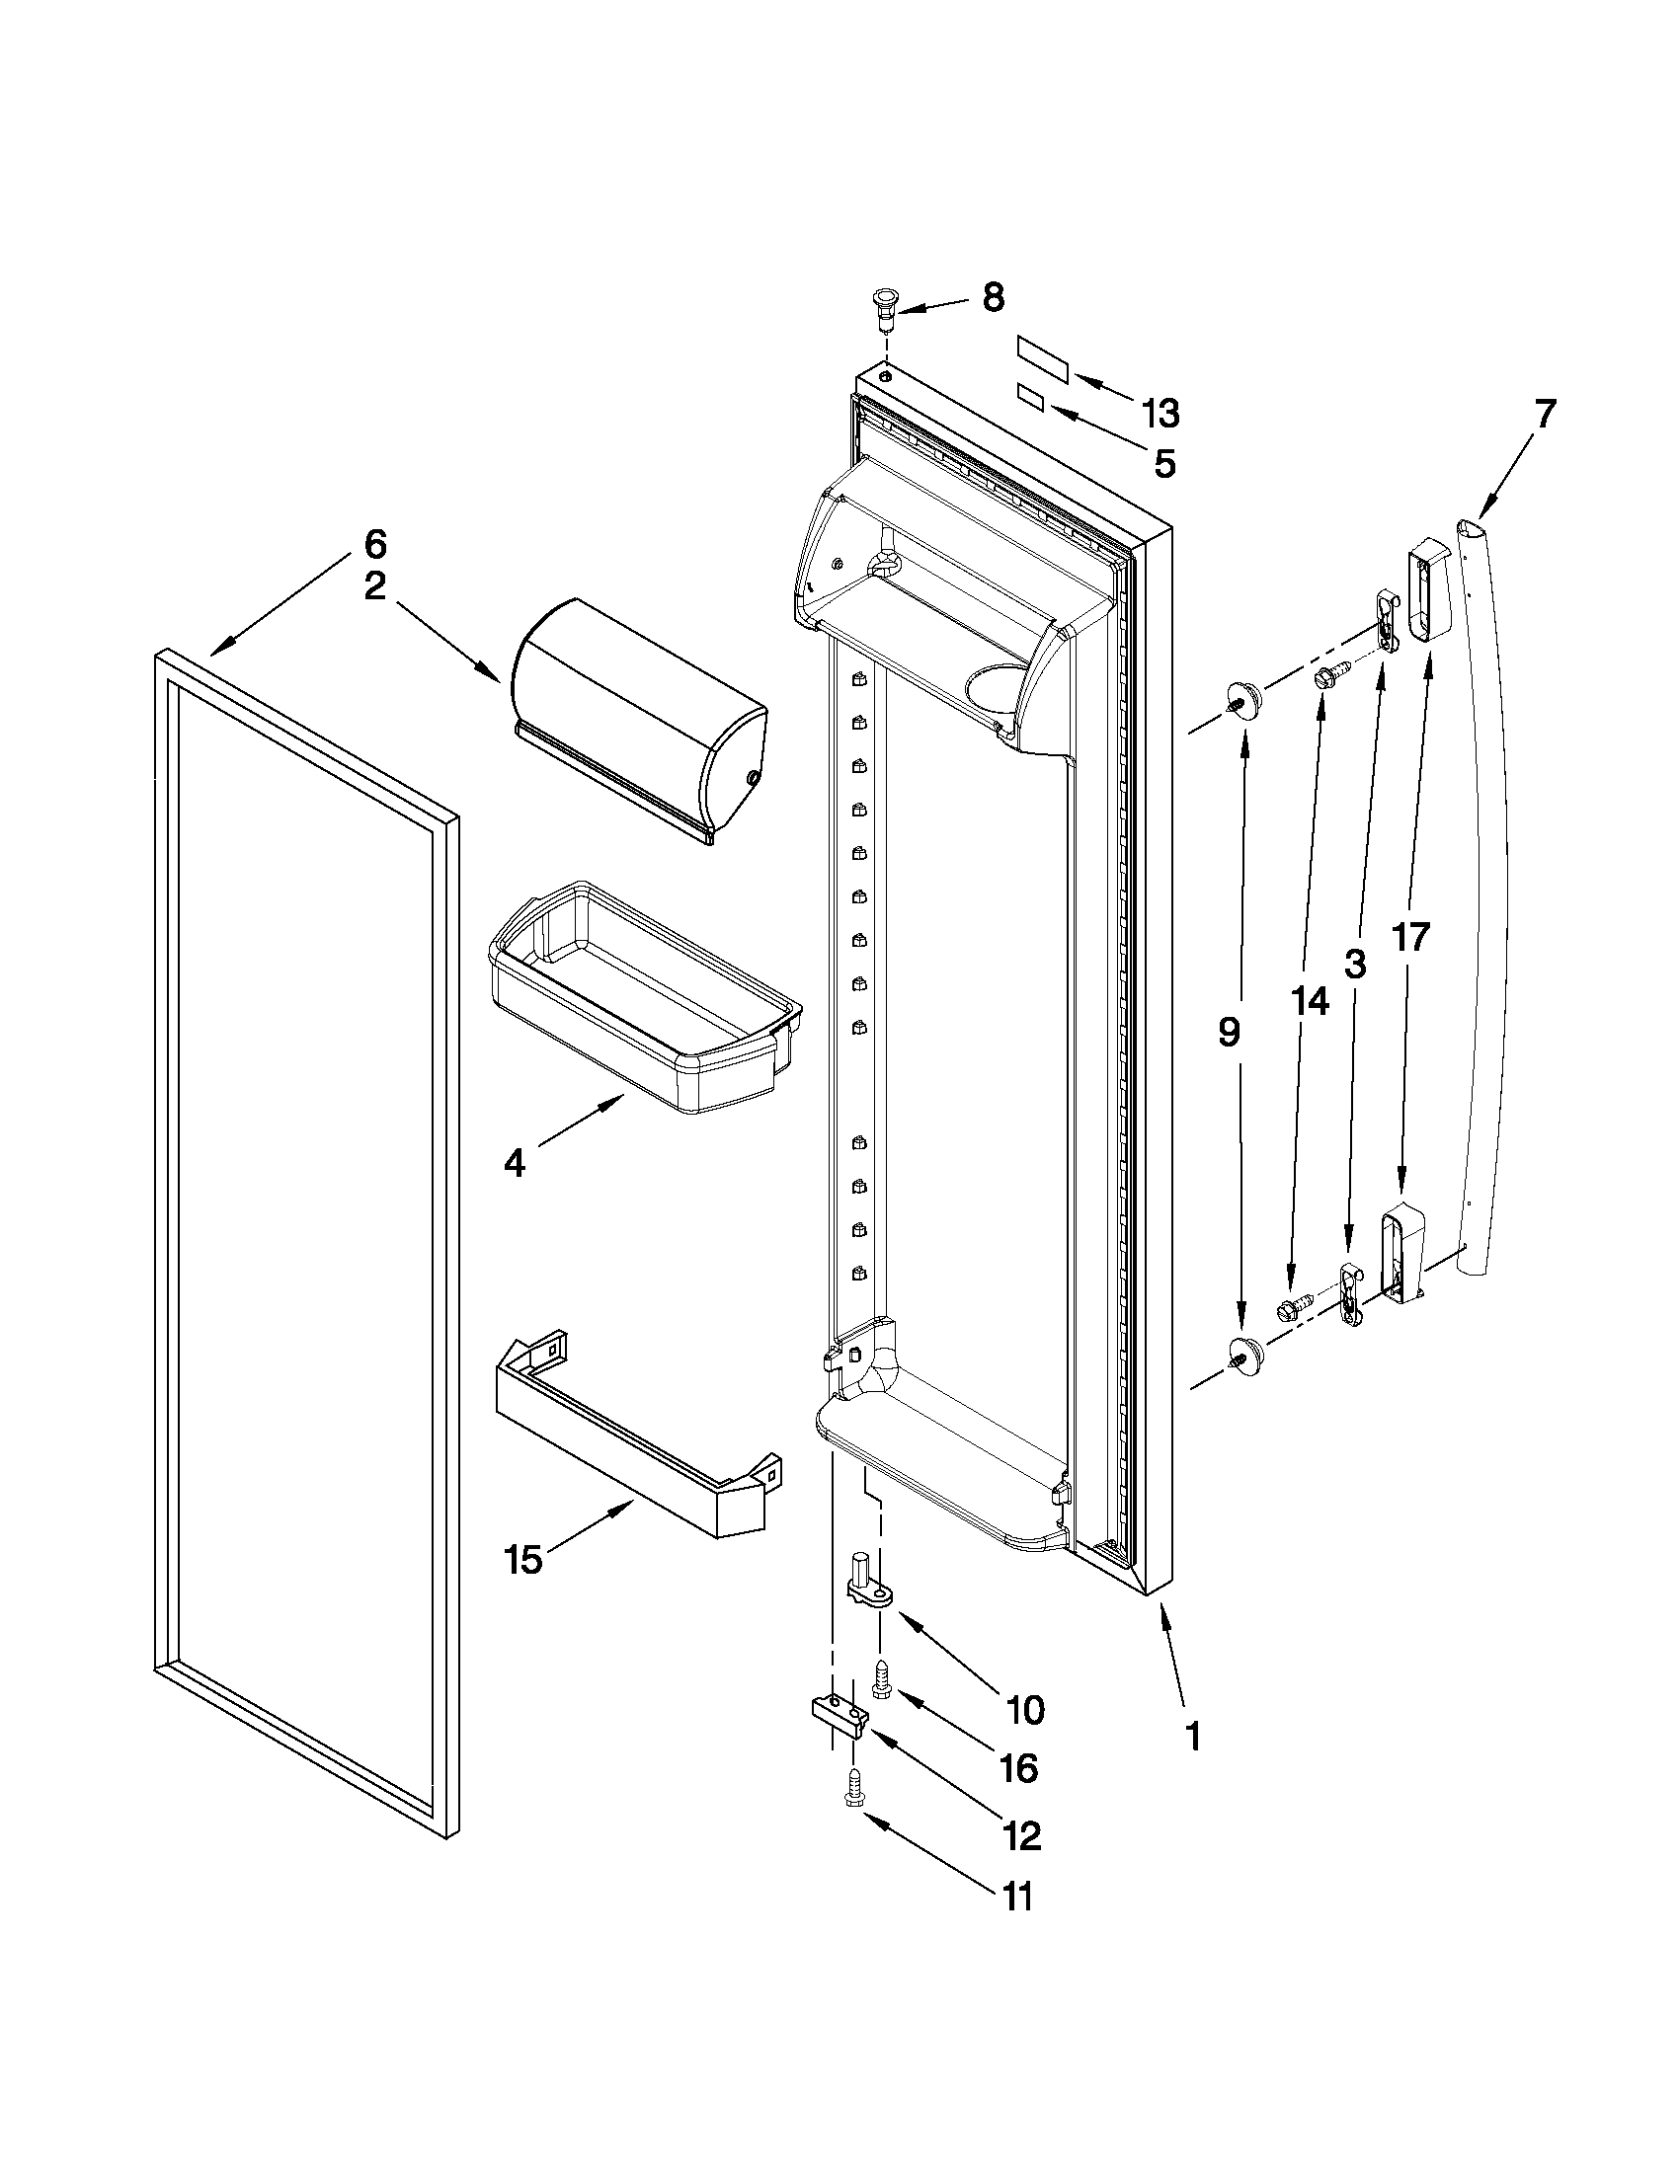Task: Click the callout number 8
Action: tap(993, 297)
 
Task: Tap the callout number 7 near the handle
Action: tap(1543, 413)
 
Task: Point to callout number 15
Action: tap(523, 1559)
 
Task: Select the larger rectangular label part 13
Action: tap(1042, 359)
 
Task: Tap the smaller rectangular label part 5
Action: tap(1030, 400)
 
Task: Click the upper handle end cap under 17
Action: tap(1428, 592)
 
